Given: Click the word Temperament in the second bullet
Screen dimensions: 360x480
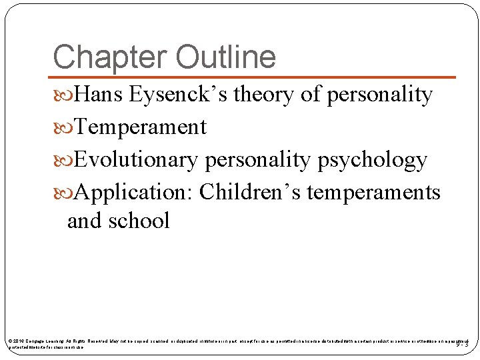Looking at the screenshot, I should [141, 127].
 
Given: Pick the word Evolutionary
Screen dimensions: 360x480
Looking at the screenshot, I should [136, 159].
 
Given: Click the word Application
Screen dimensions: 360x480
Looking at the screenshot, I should [134, 192].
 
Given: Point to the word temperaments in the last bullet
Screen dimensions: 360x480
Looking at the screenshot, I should [373, 192].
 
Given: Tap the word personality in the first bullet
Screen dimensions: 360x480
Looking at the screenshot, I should [380, 95].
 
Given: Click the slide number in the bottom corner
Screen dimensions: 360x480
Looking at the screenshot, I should [462, 344].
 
